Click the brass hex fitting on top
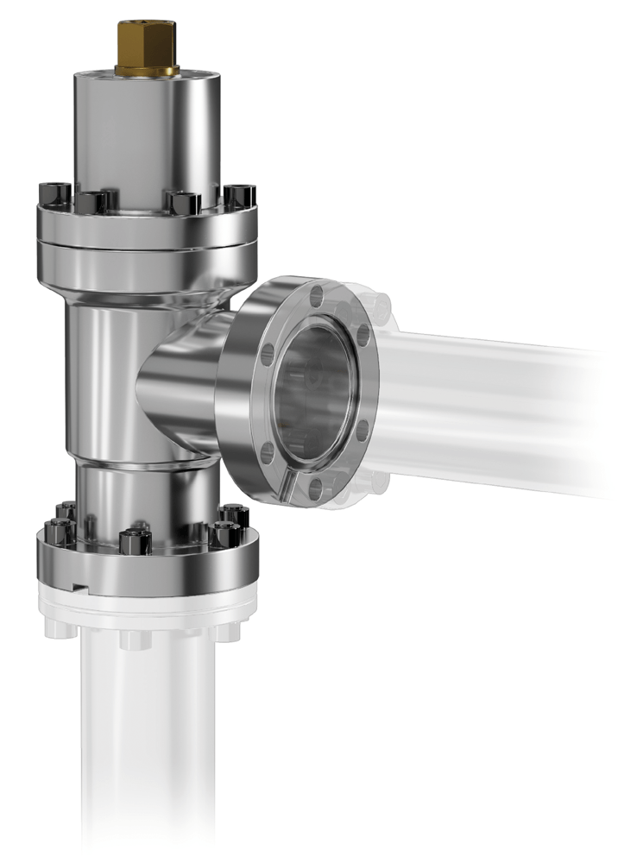point(147,47)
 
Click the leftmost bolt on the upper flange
point(47,195)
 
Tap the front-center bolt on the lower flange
point(135,542)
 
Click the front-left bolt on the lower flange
point(66,528)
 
